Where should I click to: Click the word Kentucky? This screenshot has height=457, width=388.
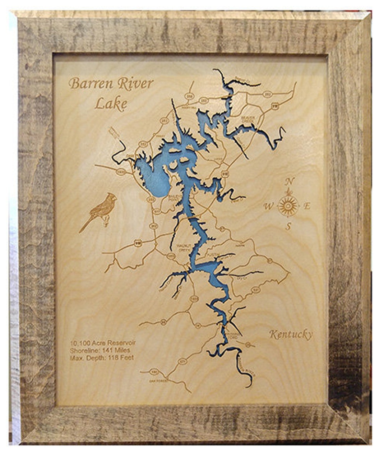pos(291,335)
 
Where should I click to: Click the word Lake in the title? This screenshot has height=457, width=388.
pos(111,104)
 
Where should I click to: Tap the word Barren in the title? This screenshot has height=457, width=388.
pos(88,84)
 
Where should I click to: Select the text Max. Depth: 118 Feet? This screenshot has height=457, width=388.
pos(102,358)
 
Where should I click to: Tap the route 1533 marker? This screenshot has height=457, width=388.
pos(121,172)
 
